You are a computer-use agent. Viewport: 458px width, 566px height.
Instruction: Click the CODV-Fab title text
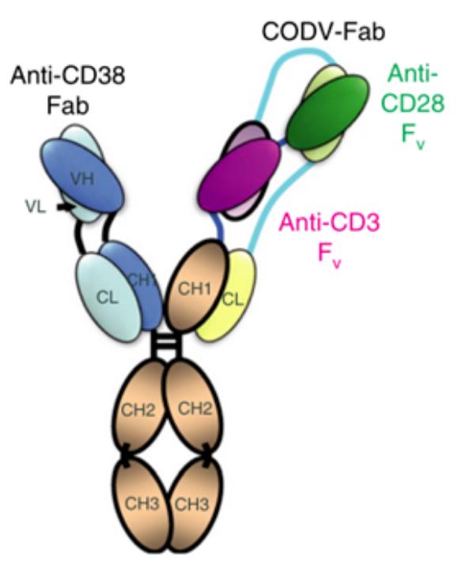point(323,31)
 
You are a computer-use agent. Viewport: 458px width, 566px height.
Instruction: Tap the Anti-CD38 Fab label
point(68,90)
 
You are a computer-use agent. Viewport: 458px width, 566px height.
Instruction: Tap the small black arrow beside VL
point(66,207)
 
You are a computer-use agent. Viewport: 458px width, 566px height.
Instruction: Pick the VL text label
point(36,207)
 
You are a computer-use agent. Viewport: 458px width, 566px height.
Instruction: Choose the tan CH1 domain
point(195,285)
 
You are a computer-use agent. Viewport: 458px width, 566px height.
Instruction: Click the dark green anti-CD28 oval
point(328,112)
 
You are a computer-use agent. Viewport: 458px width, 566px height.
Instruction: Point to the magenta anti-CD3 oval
point(240,175)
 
